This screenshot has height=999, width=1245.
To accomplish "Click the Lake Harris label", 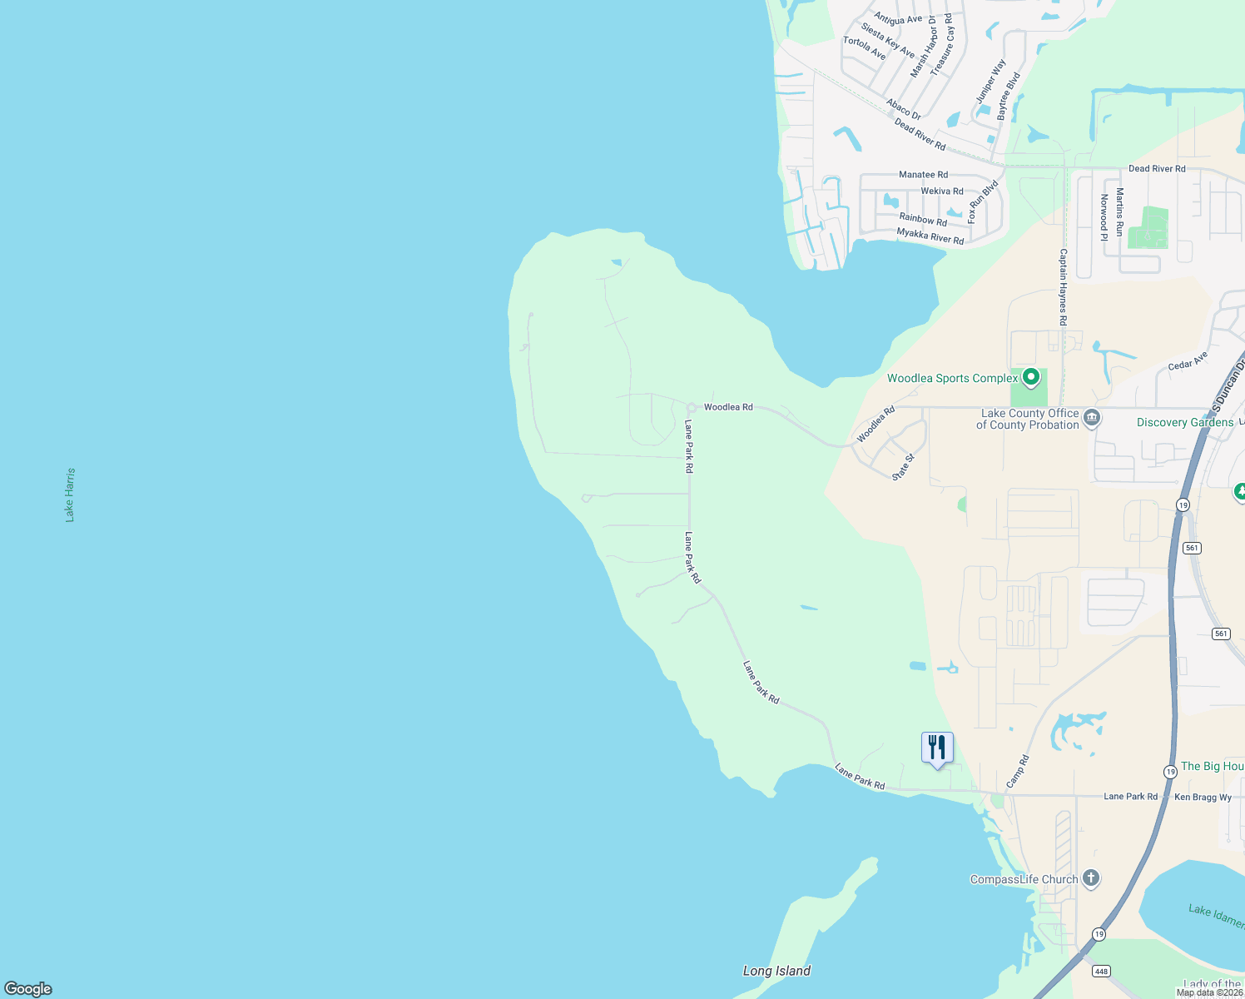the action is pos(70,495).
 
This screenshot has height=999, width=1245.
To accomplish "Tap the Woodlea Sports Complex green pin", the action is pos(1031,377).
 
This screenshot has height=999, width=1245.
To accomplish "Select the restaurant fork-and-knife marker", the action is pos(937,748).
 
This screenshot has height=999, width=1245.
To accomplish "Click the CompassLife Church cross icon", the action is pos(1091,878).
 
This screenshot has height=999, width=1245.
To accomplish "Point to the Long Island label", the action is pos(776,971).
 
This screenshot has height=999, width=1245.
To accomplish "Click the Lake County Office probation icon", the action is pos(1092,417).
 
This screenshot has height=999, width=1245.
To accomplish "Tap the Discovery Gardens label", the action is pos(1185,422).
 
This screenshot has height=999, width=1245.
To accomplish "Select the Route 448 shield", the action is pos(1101,971).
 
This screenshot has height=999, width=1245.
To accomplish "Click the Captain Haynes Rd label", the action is pos(1063,287).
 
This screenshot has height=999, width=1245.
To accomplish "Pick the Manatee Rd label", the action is pos(923,175).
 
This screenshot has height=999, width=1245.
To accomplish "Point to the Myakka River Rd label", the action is pos(930,236).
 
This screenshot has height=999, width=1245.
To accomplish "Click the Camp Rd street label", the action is pos(1018,771).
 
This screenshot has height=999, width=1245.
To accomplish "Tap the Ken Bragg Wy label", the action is pos(1203,798).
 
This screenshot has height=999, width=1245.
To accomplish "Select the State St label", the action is pos(903,466).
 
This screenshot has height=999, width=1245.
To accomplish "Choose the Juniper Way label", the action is pos(990,81).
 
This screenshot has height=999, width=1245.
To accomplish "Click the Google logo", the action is pos(28,988).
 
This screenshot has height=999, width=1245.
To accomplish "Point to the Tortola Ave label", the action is pos(864,47).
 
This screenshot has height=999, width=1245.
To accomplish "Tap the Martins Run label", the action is pos(1119,212).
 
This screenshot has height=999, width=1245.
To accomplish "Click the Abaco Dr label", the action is pos(903,109).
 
